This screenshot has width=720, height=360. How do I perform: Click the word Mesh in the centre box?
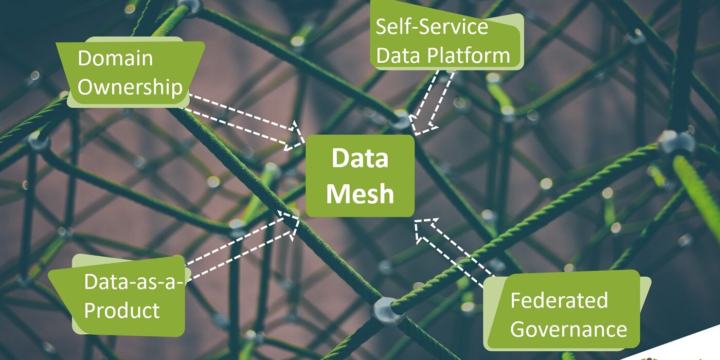pos(359,194)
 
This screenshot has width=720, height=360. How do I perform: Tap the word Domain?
pos(115,58)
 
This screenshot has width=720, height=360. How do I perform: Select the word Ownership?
pos(130,87)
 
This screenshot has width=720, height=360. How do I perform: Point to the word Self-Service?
pos(431,27)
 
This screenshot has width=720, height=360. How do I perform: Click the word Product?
pos(122,311)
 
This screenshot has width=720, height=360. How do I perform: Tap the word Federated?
pos(559,300)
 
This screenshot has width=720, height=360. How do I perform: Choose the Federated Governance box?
pos(566,311)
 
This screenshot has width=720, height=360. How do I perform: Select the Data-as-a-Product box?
pos(126,296)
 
